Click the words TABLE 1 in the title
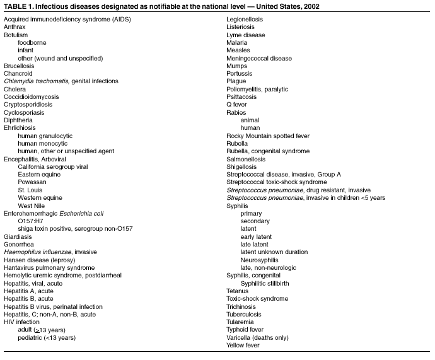(x=18, y=6)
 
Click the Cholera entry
(x=14, y=89)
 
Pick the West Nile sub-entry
(x=32, y=205)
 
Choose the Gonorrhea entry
(x=19, y=243)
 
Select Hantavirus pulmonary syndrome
(x=49, y=267)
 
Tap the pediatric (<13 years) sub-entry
(x=47, y=337)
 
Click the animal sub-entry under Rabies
(x=250, y=120)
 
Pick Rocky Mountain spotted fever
(x=268, y=136)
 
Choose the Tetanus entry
(x=239, y=291)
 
